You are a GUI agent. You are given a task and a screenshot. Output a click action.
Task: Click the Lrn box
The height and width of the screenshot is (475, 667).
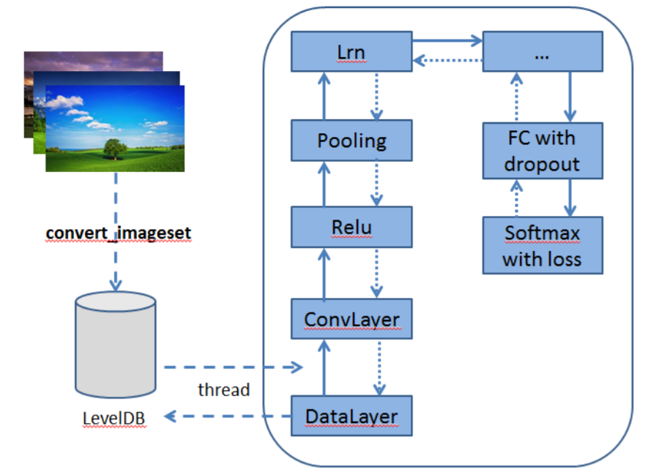pos(351,52)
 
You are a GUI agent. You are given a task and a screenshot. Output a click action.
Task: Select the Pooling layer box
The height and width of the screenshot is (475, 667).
pos(351,141)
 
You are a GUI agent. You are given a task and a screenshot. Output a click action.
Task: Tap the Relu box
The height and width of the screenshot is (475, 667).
pos(351,226)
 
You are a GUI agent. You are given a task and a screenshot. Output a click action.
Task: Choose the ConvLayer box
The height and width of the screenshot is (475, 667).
pos(351,318)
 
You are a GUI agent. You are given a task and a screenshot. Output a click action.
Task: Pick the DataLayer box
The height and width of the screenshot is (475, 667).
pos(351,416)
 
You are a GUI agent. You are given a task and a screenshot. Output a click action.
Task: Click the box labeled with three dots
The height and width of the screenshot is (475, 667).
pos(542,52)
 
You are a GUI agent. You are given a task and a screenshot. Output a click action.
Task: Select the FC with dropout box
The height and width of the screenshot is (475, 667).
pos(542,150)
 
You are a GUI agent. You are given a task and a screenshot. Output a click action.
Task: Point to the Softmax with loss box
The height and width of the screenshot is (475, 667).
pos(542,245)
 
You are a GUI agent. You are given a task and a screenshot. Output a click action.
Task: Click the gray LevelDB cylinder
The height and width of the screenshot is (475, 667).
pos(116,344)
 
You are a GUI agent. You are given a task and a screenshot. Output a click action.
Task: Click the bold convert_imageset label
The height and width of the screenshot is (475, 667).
pos(118,233)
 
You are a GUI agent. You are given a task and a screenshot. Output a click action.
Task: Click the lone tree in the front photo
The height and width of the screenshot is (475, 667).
pos(114,149)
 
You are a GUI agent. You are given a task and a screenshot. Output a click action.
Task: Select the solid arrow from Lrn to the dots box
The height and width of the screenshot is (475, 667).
pos(447,42)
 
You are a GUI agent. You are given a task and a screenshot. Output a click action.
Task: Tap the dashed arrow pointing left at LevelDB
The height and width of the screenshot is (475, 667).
pos(227,416)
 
